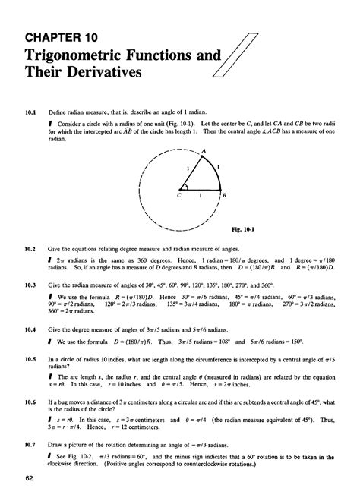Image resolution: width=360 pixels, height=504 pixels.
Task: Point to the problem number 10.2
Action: pos(30,249)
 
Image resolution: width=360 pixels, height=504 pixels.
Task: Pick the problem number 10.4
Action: pos(30,331)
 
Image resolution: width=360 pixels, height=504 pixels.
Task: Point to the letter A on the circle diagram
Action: pos(203,151)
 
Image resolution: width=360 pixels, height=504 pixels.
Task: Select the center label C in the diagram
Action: pos(180,195)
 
